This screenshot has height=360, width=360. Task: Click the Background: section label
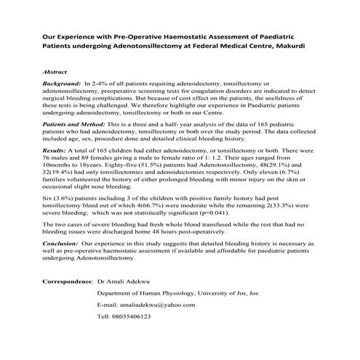point(63,87)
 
